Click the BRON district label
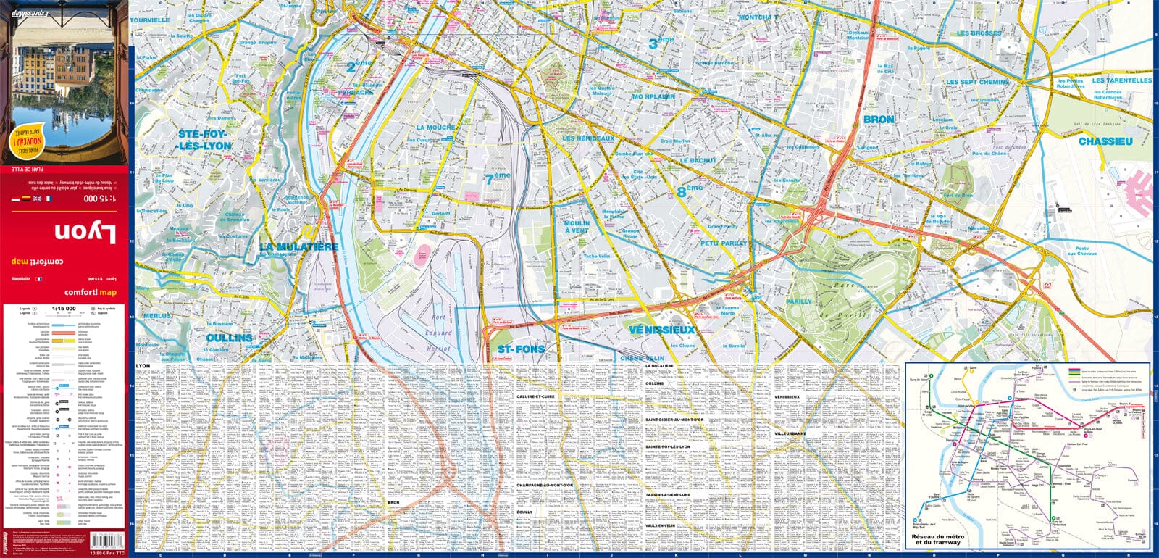click(879, 120)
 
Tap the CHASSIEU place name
click(1105, 141)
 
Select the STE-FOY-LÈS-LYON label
click(204, 140)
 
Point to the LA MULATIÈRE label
click(298, 247)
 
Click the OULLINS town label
click(230, 338)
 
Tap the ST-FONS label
click(521, 349)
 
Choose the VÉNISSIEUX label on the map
click(661, 330)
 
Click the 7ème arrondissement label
click(498, 178)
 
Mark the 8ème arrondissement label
click(690, 191)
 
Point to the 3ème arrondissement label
click(661, 43)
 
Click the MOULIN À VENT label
click(577, 227)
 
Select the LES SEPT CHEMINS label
click(977, 83)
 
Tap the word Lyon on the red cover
click(85, 233)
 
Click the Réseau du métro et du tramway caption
click(937, 539)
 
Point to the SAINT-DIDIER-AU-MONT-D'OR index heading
click(674, 420)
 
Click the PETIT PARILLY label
click(723, 243)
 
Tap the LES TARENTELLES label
click(1121, 80)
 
